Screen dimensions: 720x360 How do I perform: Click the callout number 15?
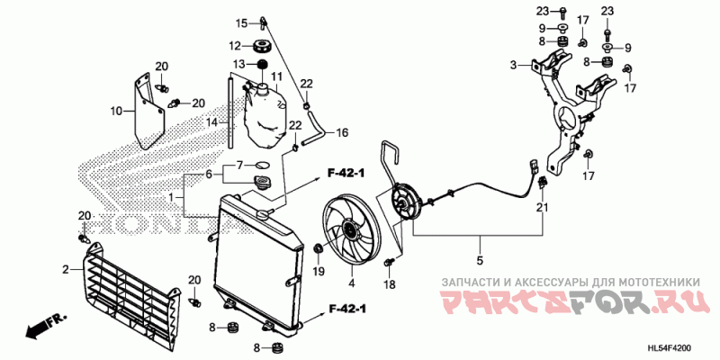point(241,22)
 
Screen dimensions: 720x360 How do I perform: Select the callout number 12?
point(233,46)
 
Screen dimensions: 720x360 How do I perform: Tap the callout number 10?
point(116,112)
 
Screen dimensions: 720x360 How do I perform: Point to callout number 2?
point(66,270)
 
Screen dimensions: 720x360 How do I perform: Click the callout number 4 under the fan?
point(351,284)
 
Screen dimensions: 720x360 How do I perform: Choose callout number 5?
point(480,261)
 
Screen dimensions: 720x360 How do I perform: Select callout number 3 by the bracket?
point(513,66)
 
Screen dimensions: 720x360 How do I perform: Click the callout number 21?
point(543,208)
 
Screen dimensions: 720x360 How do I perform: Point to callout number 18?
point(390,284)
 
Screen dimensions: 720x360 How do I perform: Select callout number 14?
point(213,122)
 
